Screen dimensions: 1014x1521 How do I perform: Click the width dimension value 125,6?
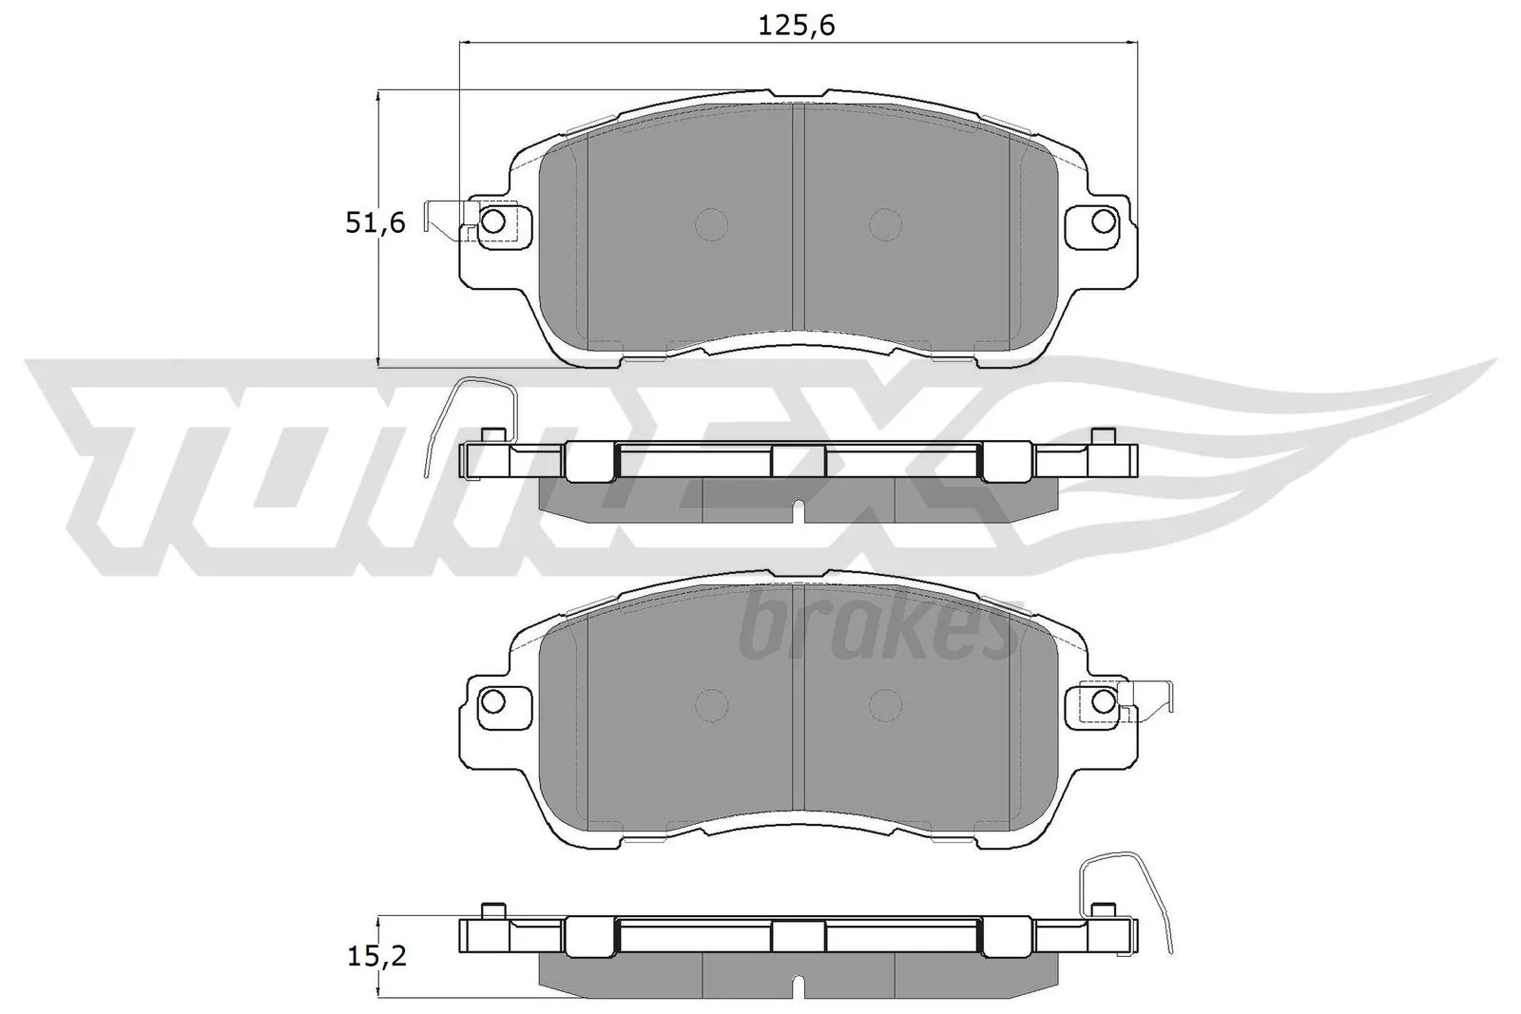[797, 26]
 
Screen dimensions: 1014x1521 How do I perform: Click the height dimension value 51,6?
[375, 223]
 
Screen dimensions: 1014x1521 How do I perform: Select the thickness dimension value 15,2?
[375, 956]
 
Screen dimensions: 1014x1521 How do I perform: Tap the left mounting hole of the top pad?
[492, 221]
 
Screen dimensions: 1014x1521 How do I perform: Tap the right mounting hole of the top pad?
[1103, 221]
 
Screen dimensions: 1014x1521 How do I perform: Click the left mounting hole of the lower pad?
[492, 701]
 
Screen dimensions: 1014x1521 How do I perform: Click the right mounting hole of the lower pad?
[1103, 701]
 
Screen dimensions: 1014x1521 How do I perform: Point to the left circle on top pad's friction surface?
[711, 224]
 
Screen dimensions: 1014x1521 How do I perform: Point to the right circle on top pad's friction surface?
[885, 224]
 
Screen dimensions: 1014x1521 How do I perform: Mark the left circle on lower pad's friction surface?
[711, 704]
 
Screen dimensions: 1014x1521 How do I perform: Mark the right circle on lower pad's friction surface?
[885, 704]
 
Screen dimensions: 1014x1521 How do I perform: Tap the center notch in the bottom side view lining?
[800, 988]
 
